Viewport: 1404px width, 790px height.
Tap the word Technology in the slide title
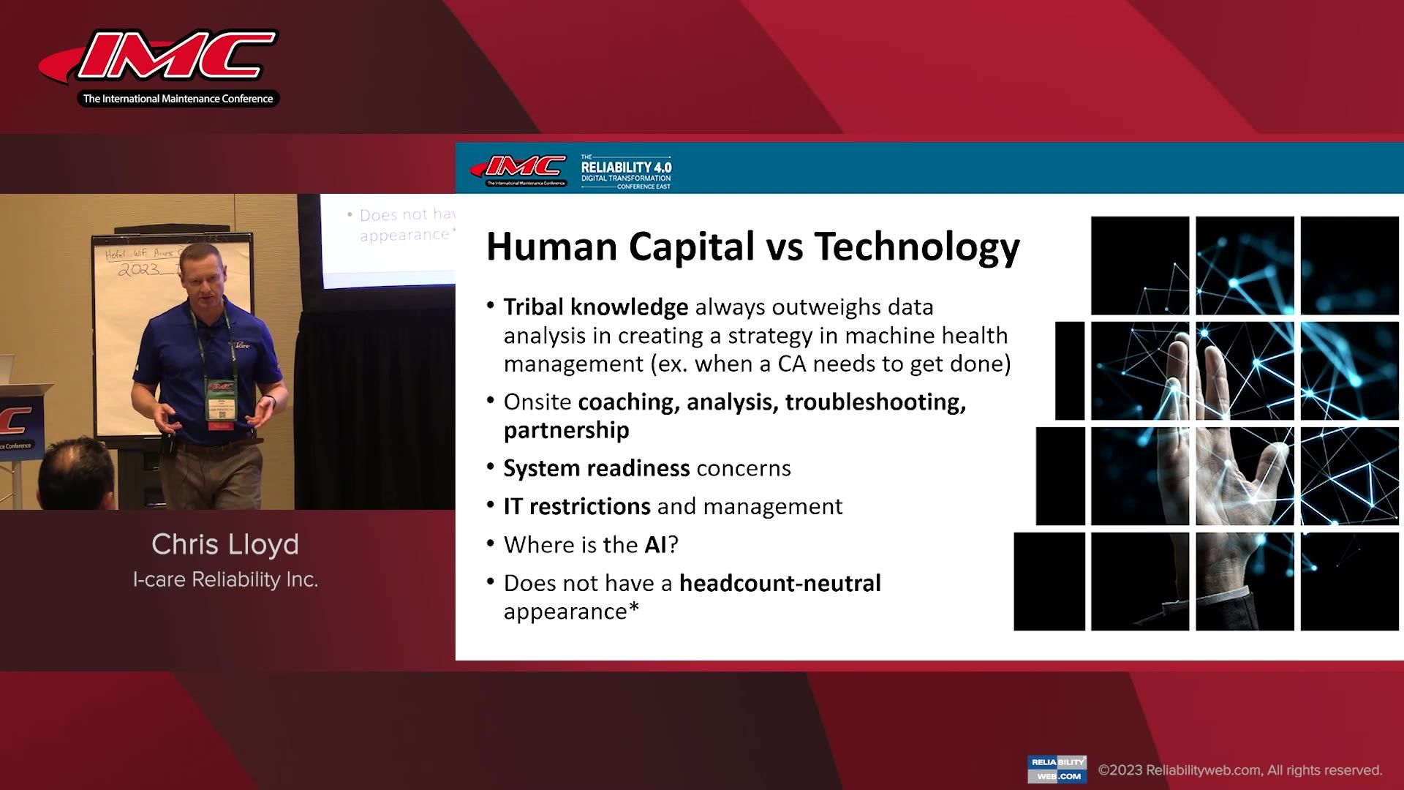pos(917,247)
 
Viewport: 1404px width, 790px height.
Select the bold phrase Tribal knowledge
pos(595,307)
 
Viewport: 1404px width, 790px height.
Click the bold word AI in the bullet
pos(656,545)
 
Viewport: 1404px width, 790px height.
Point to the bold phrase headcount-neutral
pos(780,584)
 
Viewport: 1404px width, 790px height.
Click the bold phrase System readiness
pos(596,468)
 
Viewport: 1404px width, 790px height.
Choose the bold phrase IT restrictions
pos(576,506)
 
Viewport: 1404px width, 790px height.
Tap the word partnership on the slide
pos(566,430)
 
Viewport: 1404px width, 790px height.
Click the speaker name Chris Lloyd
pos(225,544)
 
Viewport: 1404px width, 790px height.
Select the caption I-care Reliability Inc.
pos(225,579)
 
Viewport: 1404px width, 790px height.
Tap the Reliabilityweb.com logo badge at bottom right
pos(1057,769)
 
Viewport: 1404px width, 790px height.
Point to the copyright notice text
pos(1240,770)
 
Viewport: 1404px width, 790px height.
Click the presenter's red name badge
pos(221,424)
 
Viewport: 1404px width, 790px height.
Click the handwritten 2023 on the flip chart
pos(139,269)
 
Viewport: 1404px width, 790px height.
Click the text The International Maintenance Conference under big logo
pos(178,99)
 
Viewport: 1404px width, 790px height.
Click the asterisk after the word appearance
pos(633,609)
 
